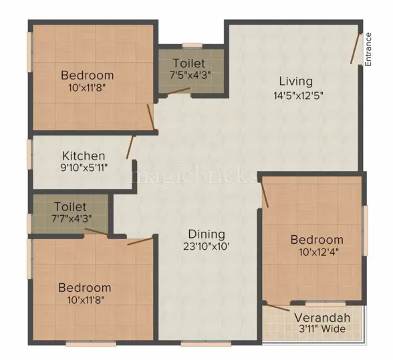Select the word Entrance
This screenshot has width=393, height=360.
[368, 50]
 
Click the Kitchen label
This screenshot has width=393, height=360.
[84, 156]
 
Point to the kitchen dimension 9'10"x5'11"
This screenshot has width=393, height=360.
[84, 168]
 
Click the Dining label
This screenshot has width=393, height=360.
[206, 234]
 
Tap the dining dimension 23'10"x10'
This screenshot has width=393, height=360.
[206, 246]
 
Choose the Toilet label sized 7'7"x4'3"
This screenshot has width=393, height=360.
[71, 206]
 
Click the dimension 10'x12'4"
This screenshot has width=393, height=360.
[316, 252]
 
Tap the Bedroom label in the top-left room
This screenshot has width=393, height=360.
[87, 75]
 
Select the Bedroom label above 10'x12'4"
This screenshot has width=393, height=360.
[316, 239]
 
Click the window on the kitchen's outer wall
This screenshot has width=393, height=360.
[29, 154]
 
